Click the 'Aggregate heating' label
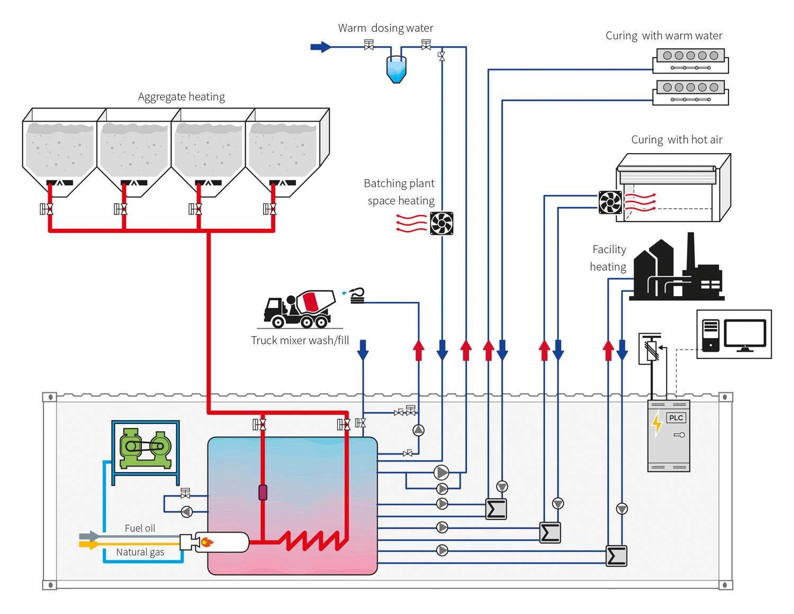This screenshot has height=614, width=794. click(181, 96)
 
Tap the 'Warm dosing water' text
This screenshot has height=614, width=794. click(385, 28)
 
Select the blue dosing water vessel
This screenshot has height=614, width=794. click(396, 69)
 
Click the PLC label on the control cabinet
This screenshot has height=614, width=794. click(675, 418)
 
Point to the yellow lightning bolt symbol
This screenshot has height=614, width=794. click(657, 424)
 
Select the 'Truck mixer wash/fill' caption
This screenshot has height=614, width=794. click(300, 340)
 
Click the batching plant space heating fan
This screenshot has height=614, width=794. click(441, 223)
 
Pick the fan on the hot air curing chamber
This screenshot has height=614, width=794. click(610, 202)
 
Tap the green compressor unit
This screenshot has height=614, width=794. click(146, 448)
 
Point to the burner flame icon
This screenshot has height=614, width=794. click(207, 541)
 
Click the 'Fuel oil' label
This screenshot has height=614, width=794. click(140, 528)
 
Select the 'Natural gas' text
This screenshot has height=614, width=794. click(140, 552)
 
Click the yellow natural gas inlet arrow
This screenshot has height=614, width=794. click(89, 544)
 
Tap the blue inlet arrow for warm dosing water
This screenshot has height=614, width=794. click(321, 47)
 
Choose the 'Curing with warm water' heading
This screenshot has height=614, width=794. click(664, 35)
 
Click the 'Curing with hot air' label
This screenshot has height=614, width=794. click(676, 139)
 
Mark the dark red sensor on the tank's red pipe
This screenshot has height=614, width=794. click(263, 492)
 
